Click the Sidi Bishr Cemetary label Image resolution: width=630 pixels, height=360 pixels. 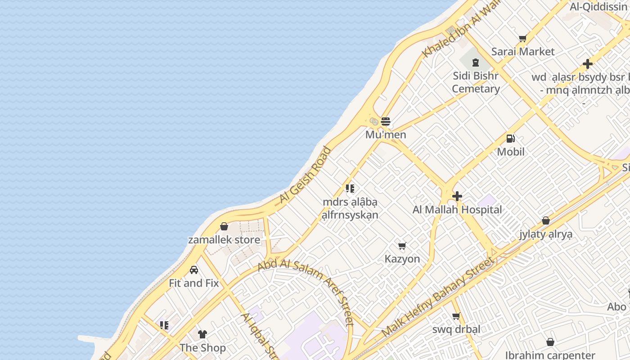point(476,82)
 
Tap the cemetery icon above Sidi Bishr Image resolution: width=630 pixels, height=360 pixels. point(476,63)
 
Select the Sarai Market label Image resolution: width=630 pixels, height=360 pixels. point(523,51)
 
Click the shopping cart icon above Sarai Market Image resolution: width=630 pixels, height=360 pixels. point(522,39)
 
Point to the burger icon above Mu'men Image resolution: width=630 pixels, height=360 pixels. point(386,121)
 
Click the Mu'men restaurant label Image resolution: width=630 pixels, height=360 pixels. point(386,135)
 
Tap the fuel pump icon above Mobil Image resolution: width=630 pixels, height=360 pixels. point(511,139)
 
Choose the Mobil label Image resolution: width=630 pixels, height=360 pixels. point(511,152)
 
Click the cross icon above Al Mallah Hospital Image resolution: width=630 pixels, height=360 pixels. point(457,196)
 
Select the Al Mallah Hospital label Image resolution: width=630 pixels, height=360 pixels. point(457,210)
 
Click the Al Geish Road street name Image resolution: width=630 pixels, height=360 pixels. point(305,175)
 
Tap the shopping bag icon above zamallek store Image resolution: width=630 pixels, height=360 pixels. point(224,226)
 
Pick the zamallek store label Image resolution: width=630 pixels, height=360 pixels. point(224,239)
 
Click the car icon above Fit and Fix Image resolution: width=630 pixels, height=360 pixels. point(194,270)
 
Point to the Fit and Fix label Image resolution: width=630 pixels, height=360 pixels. point(194,283)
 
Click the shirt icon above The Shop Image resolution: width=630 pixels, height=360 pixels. point(202,334)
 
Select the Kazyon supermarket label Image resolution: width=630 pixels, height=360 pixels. point(402,259)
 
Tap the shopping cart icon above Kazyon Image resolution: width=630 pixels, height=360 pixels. point(402,246)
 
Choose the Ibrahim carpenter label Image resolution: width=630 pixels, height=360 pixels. point(550,355)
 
